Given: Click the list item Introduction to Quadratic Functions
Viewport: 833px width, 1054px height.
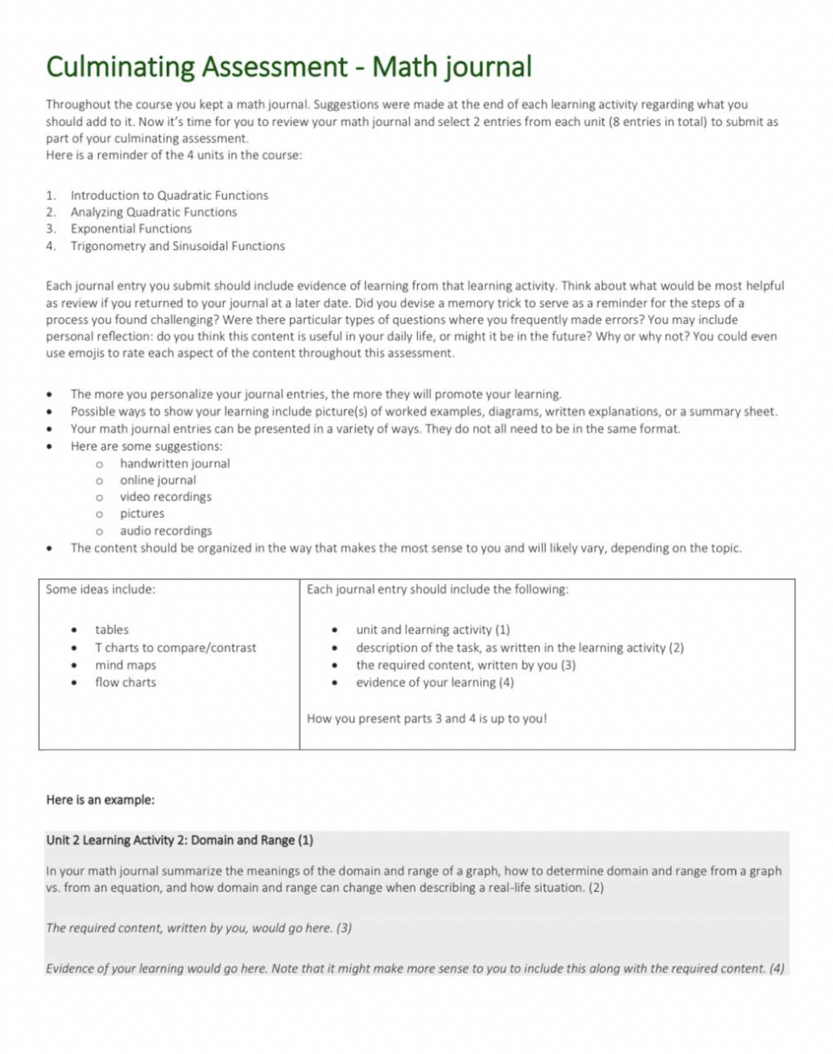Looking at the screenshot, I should [x=169, y=195].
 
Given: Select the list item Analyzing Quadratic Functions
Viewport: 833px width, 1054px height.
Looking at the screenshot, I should [x=153, y=212].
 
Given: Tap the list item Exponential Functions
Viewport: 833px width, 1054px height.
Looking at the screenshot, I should [x=131, y=229].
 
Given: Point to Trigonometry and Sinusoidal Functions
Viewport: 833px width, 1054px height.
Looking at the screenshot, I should [x=177, y=246].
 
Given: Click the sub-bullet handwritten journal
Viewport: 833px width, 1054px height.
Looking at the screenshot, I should [x=175, y=463].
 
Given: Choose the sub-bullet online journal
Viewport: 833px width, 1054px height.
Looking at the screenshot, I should [x=158, y=480].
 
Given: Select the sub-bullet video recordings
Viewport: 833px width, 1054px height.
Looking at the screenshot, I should [x=165, y=497].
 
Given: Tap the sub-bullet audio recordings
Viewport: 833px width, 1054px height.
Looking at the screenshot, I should [x=165, y=531].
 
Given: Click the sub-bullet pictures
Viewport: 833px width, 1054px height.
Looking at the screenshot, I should [x=142, y=514].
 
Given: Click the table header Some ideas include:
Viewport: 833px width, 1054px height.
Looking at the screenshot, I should [x=100, y=589].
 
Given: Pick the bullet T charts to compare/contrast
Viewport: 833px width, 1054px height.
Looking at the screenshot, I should [x=175, y=648].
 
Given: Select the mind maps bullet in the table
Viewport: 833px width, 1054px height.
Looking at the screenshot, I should [x=125, y=666].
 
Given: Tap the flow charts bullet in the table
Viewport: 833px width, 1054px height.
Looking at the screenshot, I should [x=125, y=683].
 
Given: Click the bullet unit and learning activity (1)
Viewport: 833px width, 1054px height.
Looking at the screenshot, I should [x=432, y=630].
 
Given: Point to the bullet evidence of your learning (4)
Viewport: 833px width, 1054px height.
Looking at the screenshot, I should [x=434, y=683].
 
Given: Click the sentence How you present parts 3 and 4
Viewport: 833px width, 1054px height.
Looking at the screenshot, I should [x=426, y=719].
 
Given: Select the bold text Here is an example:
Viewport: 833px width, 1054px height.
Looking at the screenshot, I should [x=100, y=800].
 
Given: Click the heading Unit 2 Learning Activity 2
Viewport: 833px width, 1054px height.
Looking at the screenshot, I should [x=179, y=840].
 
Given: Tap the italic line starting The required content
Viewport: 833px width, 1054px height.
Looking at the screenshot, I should [x=198, y=928].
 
